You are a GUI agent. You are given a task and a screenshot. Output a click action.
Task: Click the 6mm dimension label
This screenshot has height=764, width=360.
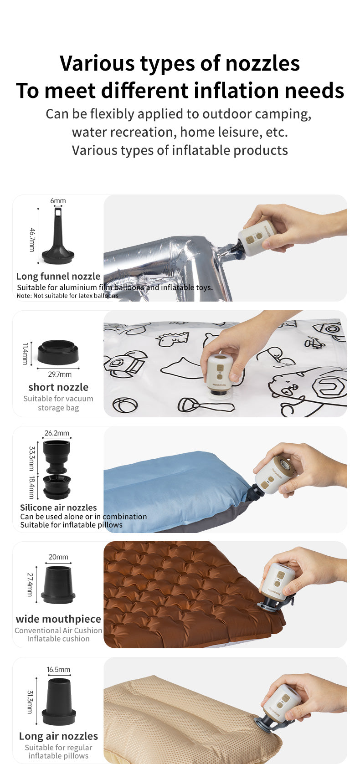58,201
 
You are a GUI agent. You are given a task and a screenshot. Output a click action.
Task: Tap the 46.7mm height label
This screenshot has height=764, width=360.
32,240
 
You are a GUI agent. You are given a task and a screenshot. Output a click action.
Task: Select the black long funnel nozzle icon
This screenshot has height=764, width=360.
58,236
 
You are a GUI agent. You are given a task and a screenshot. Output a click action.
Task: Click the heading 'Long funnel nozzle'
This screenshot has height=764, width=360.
58,276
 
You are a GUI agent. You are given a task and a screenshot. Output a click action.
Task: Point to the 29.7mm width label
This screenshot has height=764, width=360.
60,374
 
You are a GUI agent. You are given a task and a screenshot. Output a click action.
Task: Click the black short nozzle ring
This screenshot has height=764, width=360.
58,352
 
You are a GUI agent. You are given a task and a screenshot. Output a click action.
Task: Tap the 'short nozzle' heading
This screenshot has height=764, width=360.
58,387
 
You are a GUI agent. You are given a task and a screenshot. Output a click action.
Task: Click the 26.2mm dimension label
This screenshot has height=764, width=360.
57,433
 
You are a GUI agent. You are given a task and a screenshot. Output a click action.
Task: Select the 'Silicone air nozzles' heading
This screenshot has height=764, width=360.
58,508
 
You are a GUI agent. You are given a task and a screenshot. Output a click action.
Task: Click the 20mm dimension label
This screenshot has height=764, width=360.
58,557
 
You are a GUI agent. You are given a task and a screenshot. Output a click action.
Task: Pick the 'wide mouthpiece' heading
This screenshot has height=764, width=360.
58,619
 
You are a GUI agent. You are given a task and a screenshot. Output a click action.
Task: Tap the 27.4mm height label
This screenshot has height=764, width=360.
30,584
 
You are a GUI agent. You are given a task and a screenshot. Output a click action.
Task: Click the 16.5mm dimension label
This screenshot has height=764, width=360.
58,669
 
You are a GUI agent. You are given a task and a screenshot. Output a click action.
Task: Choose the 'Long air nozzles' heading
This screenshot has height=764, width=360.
58,736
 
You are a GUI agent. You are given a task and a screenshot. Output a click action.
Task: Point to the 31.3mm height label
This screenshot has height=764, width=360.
30,702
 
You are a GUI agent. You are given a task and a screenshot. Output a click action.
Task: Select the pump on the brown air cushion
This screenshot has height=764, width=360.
277,585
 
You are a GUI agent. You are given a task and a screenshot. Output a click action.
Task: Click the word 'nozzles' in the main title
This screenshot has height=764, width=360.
262,63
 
